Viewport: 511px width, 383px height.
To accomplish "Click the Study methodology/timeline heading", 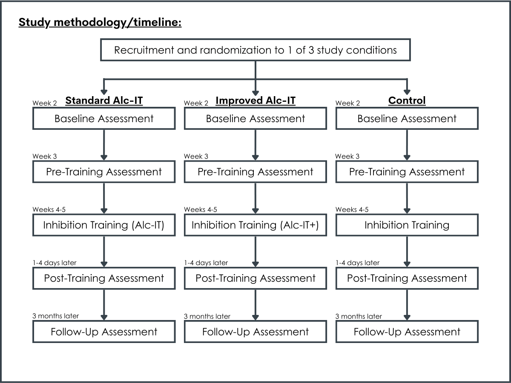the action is click(x=100, y=23).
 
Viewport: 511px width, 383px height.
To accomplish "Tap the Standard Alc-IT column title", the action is click(x=104, y=100).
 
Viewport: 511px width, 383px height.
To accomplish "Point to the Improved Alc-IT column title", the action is click(x=255, y=100).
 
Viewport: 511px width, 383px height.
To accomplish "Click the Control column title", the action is click(x=407, y=100).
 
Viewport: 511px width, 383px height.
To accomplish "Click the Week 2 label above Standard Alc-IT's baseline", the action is click(x=45, y=103).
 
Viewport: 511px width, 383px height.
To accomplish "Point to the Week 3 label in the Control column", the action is click(x=347, y=156).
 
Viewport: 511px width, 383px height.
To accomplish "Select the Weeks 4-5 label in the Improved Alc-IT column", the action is click(x=201, y=209).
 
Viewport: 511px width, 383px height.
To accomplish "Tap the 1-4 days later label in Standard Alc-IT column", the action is click(x=55, y=263).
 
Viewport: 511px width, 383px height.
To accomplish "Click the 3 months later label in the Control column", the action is click(x=359, y=316).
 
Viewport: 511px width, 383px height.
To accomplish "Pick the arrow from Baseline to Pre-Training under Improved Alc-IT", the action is click(x=255, y=145).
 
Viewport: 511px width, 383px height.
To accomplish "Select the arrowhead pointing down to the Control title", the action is click(x=407, y=92).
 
